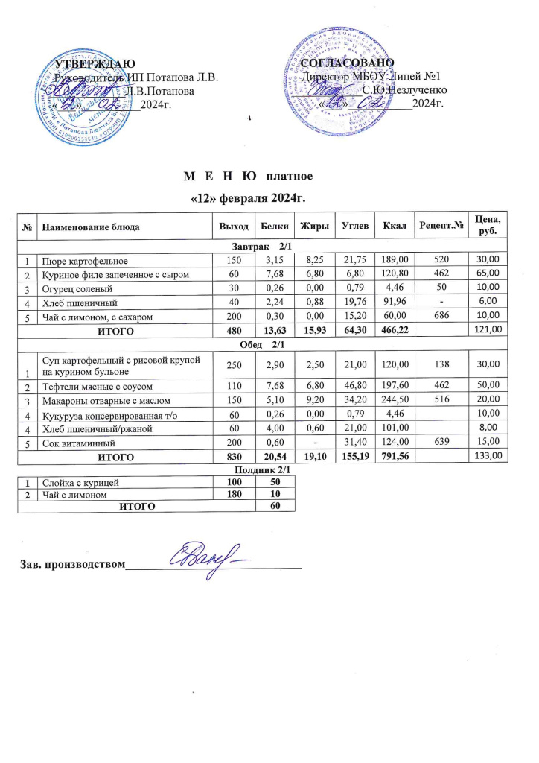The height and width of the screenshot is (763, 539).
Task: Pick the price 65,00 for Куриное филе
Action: [x=487, y=275]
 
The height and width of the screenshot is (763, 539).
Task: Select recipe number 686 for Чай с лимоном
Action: [x=442, y=317]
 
